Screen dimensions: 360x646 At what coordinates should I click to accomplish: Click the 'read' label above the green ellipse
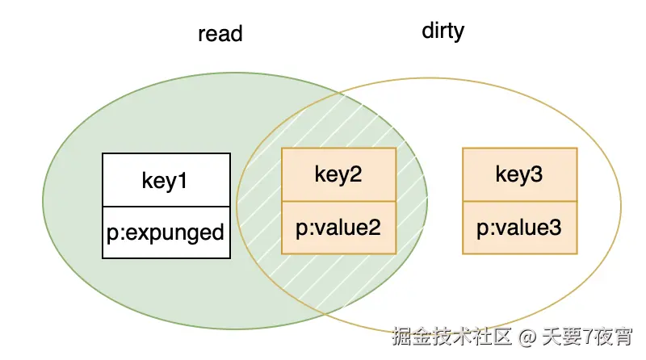[220, 35]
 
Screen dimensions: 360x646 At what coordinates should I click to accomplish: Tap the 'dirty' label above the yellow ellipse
[443, 31]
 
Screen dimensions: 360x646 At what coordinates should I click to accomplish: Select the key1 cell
[166, 180]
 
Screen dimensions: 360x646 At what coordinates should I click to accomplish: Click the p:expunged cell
[166, 232]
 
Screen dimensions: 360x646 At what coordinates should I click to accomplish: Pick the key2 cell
[338, 174]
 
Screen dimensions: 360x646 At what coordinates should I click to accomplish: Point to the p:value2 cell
[338, 228]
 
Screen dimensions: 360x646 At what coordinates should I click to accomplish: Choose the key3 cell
[519, 174]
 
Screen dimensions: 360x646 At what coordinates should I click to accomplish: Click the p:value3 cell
[519, 228]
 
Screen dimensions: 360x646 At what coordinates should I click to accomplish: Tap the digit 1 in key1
[183, 180]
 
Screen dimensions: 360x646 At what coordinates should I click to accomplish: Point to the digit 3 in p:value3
[555, 228]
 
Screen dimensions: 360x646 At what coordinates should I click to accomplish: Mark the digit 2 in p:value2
[374, 228]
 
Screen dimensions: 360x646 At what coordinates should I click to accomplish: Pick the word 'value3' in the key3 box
[527, 228]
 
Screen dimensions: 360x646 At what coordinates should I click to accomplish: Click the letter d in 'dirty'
[427, 31]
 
